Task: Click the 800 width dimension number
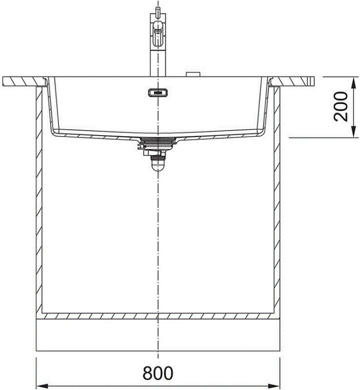(x=158, y=373)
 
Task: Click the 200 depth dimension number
(x=341, y=107)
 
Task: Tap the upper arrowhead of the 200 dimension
(x=352, y=80)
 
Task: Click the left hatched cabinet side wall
(x=38, y=195)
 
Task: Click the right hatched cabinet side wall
(x=277, y=195)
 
